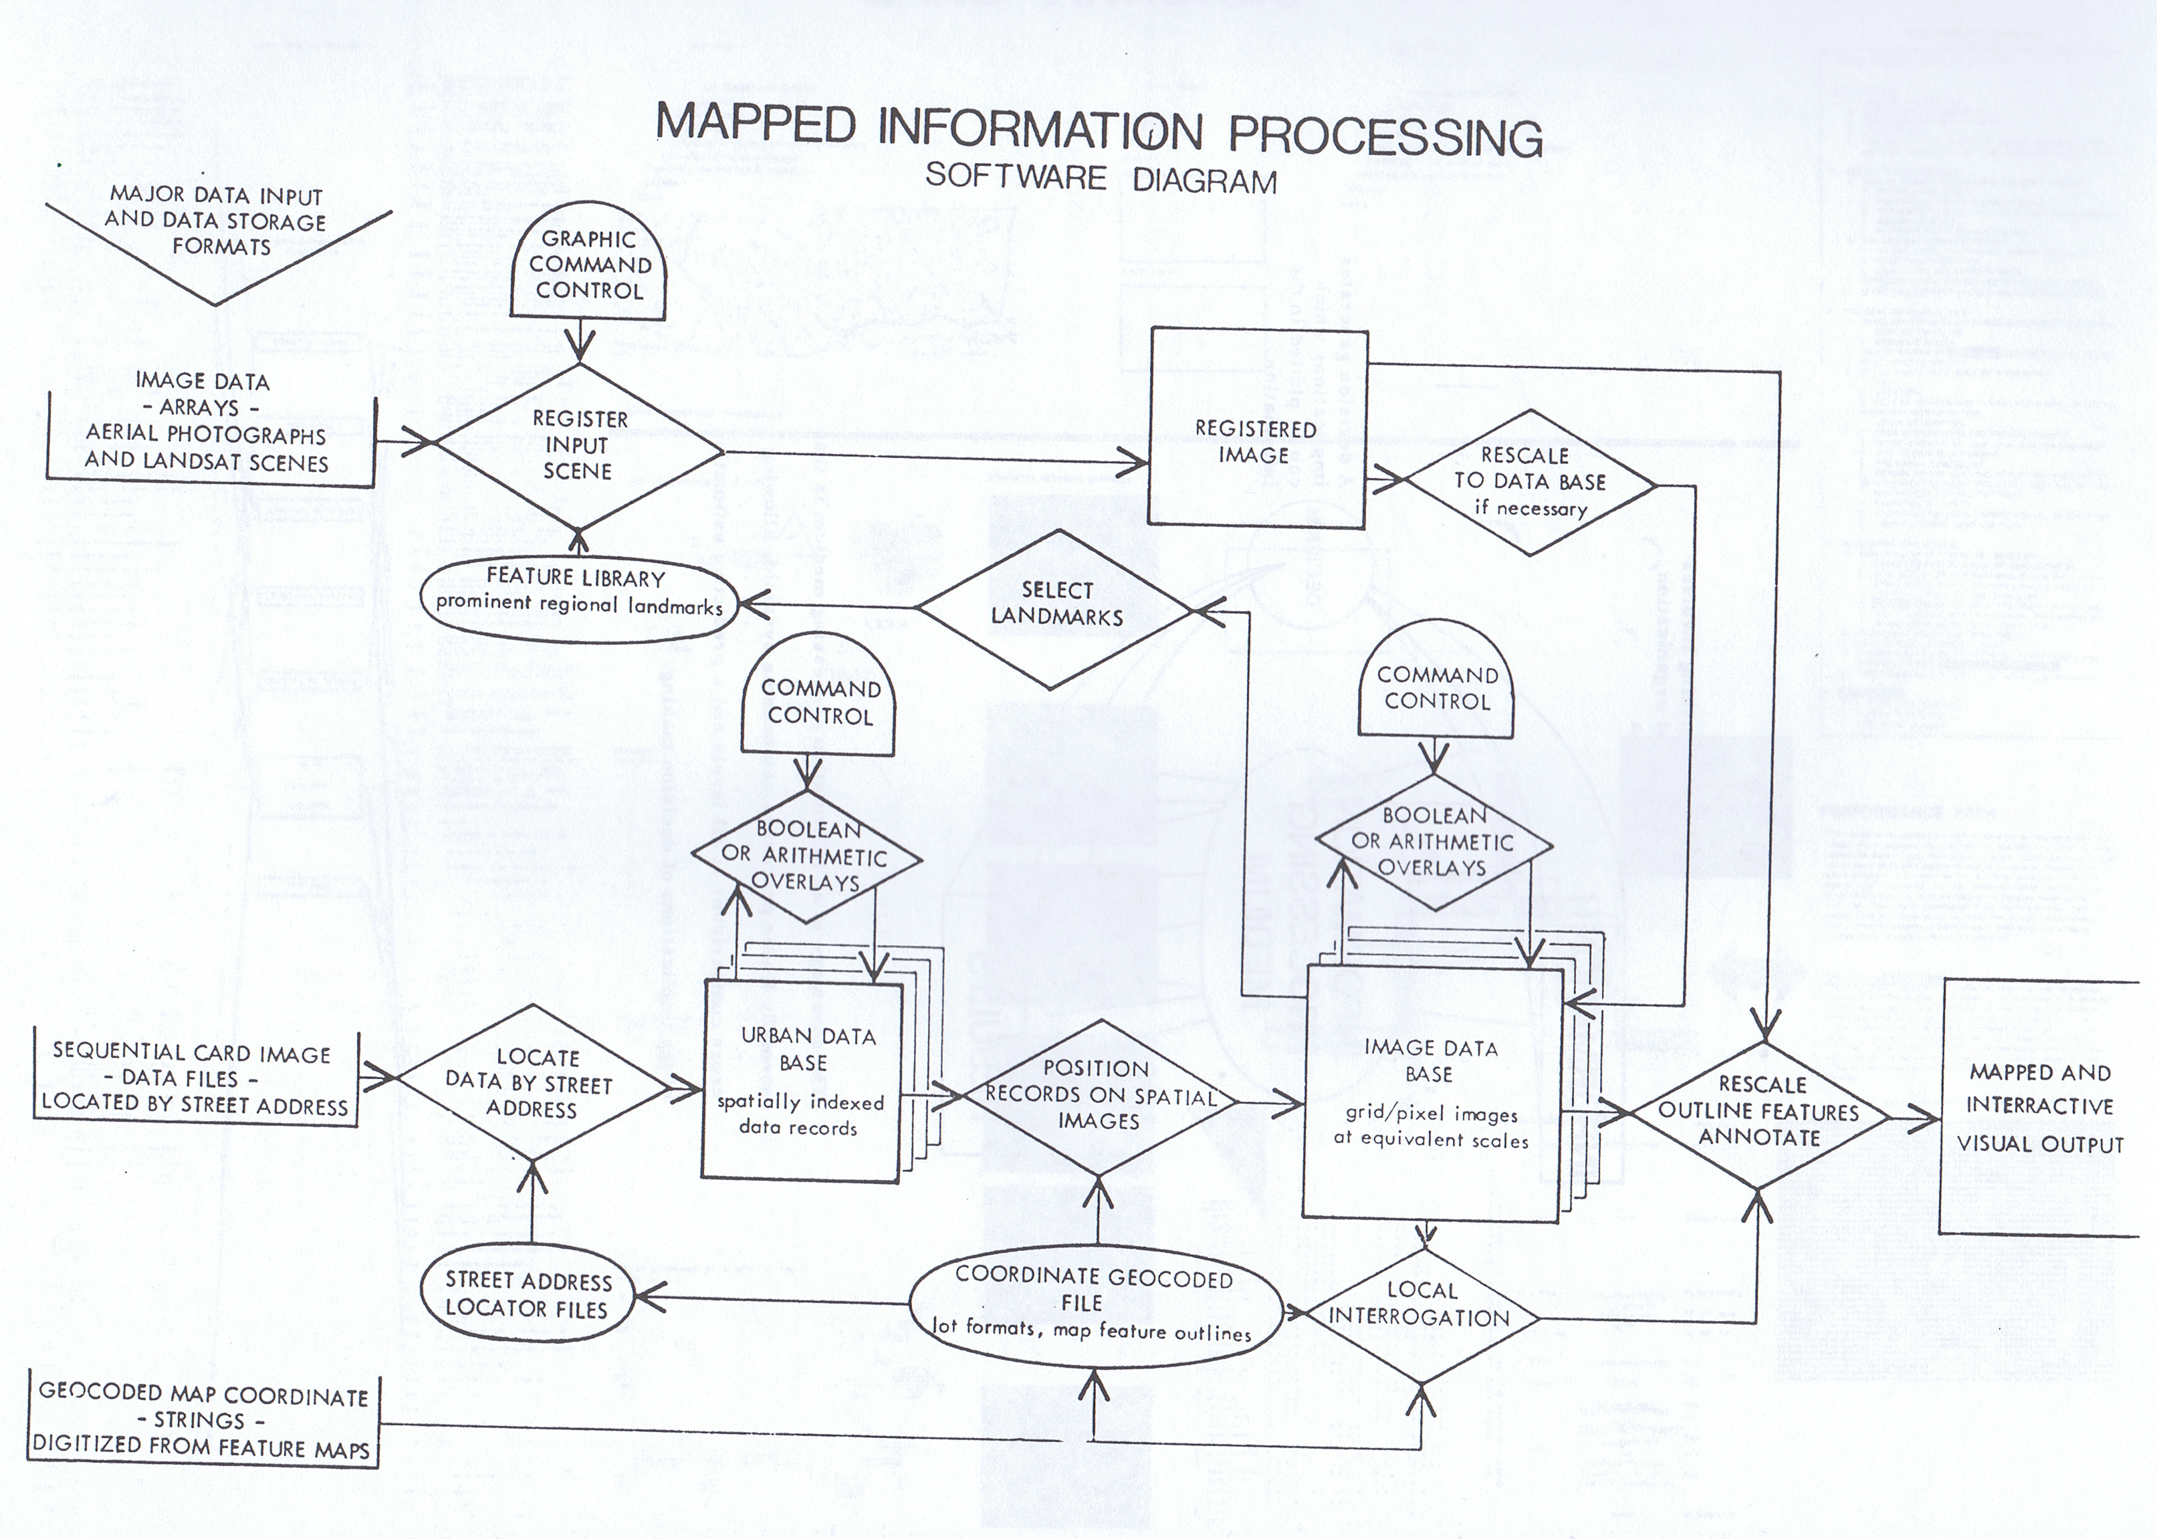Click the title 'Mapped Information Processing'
pyautogui.click(x=1099, y=132)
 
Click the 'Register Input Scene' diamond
pyautogui.click(x=578, y=445)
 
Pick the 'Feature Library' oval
pyautogui.click(x=578, y=592)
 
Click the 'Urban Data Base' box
pyautogui.click(x=801, y=1080)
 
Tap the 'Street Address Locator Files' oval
pyautogui.click(x=528, y=1294)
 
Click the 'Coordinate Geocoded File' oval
pyautogui.click(x=1094, y=1302)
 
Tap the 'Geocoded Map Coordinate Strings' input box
pyautogui.click(x=202, y=1419)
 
